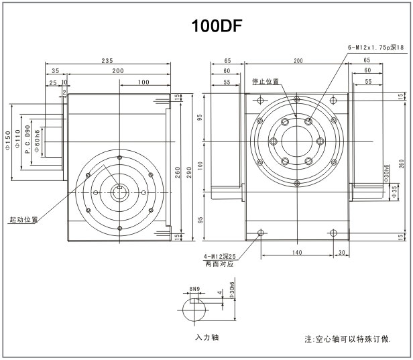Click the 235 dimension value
click(x=107, y=60)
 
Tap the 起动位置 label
click(x=23, y=219)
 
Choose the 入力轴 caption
click(x=206, y=337)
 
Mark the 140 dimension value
click(x=297, y=252)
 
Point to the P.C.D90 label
click(x=27, y=140)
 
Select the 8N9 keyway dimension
click(x=194, y=289)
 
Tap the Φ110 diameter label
click(x=18, y=140)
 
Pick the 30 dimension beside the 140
click(x=342, y=252)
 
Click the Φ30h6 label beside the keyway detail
click(x=232, y=290)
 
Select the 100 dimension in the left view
click(x=143, y=82)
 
